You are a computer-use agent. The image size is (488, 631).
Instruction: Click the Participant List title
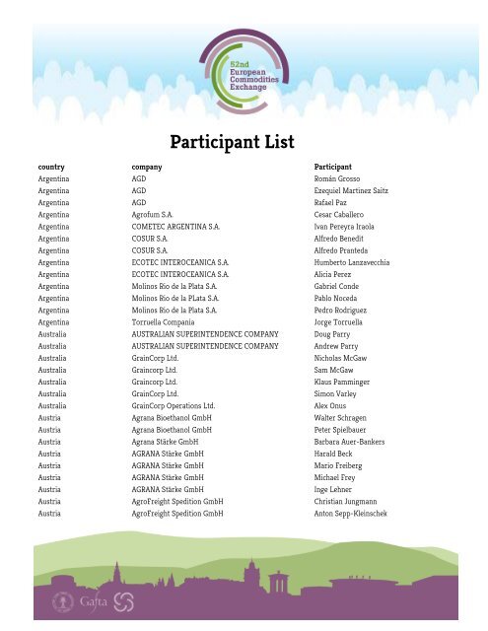pyautogui.click(x=234, y=142)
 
